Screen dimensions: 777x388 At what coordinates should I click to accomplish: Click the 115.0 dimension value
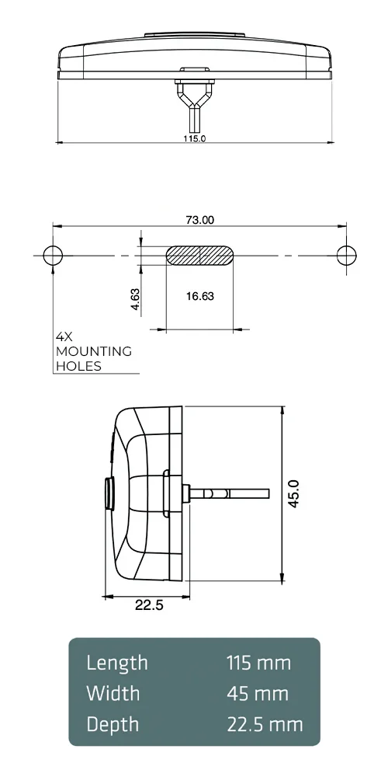click(x=194, y=138)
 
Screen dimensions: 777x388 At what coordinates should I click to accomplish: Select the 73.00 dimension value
click(x=199, y=220)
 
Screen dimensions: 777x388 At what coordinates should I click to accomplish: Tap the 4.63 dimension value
click(x=135, y=300)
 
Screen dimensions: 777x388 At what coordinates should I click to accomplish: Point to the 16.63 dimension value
click(x=200, y=296)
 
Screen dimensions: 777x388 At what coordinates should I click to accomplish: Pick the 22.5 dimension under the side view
click(x=149, y=606)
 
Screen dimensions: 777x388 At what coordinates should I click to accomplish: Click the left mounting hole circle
click(x=53, y=255)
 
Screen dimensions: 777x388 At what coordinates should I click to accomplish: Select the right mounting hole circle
click(x=346, y=255)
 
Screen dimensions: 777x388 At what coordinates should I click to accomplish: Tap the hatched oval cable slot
click(x=200, y=256)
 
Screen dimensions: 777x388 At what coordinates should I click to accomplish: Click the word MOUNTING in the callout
click(x=94, y=351)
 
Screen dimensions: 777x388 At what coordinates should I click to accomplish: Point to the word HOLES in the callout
click(x=78, y=366)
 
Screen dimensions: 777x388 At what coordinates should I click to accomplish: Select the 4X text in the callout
click(x=64, y=337)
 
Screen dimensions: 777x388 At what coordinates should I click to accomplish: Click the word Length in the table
click(x=116, y=663)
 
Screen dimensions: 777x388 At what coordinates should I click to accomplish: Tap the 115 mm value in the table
click(x=258, y=663)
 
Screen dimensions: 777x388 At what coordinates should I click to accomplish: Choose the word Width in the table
click(x=113, y=693)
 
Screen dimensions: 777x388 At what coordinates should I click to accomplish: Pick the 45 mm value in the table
click(x=258, y=693)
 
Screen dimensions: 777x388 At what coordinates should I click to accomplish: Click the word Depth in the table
click(x=113, y=724)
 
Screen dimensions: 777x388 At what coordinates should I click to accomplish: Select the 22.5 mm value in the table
click(x=265, y=724)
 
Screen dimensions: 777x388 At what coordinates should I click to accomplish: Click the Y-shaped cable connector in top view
click(x=194, y=97)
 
